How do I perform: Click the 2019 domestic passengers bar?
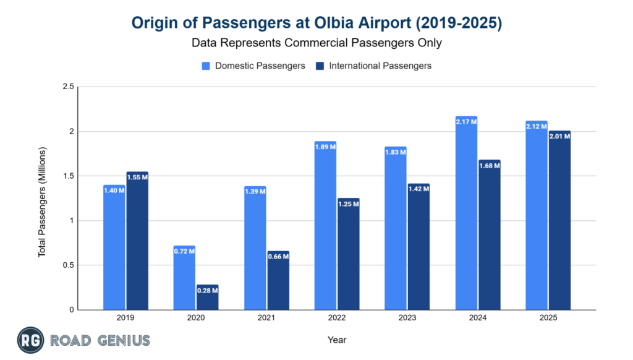(114, 247)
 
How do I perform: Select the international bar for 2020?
(208, 298)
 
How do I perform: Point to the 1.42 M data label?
(419, 187)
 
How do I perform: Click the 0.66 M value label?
(278, 255)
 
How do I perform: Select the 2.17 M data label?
(466, 121)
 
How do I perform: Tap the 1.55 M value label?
(137, 177)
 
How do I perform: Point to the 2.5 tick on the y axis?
(67, 87)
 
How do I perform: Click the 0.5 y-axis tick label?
(67, 265)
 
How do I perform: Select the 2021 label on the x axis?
(266, 318)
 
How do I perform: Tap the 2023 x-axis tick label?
(407, 318)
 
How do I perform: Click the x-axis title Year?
(337, 340)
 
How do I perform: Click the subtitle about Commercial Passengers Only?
(316, 43)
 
